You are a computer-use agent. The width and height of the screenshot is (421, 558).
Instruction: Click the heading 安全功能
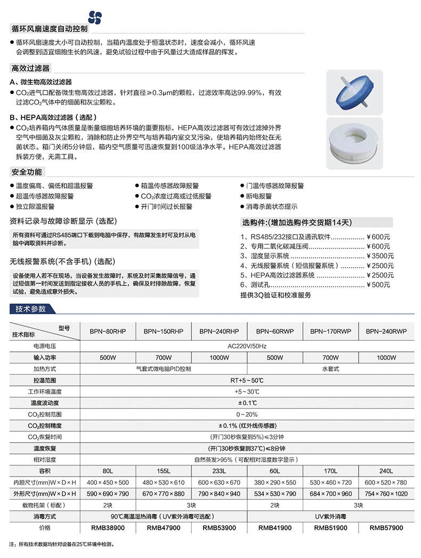[x=26, y=173]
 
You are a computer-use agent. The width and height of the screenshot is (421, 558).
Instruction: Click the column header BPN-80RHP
[x=108, y=331]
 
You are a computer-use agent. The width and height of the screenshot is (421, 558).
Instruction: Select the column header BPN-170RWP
[x=330, y=331]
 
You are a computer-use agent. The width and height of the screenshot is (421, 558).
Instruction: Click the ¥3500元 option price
[x=380, y=256]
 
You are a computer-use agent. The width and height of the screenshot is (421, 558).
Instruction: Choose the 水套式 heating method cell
[x=330, y=369]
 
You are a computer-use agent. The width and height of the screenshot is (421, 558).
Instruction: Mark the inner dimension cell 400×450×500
[x=108, y=482]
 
